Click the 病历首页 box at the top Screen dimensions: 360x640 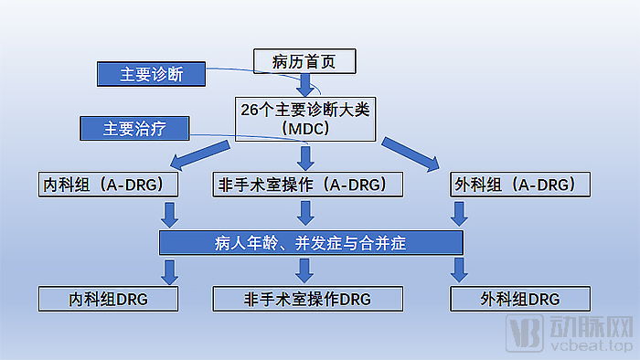point(303,62)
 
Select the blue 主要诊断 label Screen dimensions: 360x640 point(152,75)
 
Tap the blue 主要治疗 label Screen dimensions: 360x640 point(133,129)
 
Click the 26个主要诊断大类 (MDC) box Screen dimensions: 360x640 point(306,119)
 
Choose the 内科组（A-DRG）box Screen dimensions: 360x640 point(107,185)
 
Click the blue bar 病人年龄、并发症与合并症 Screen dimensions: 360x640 point(311,242)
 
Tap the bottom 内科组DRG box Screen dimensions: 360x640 point(107,299)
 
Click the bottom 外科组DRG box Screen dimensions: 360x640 point(520,299)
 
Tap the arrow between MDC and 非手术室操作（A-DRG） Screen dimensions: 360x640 point(306,156)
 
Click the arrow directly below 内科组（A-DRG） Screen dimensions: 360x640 point(169,214)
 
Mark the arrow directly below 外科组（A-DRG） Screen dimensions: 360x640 point(459,214)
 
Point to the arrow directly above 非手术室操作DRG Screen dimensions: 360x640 point(304,270)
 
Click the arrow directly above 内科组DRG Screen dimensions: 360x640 point(169,270)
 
